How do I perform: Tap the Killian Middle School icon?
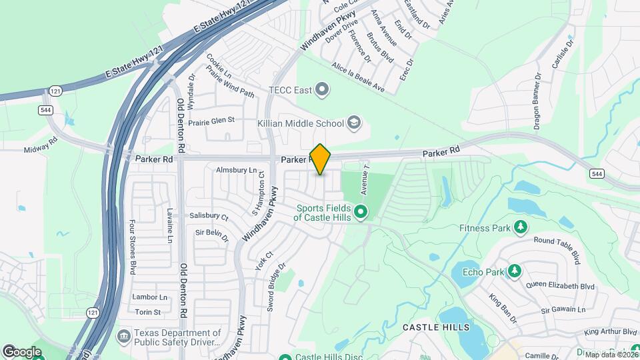[x=354, y=123]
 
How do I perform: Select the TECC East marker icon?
[x=323, y=89]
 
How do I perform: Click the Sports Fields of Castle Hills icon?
[x=361, y=213]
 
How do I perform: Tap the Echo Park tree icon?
[x=514, y=271]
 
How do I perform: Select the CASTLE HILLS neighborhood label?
[x=436, y=327]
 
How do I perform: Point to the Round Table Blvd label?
[x=558, y=247]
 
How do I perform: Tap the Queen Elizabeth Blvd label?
[x=559, y=285]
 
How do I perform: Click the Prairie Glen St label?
[x=212, y=120]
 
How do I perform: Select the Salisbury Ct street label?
[x=209, y=217]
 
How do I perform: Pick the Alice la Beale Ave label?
[x=358, y=77]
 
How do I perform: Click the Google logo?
[x=22, y=351]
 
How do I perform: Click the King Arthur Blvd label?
[x=610, y=332]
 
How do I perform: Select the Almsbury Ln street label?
[x=236, y=171]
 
